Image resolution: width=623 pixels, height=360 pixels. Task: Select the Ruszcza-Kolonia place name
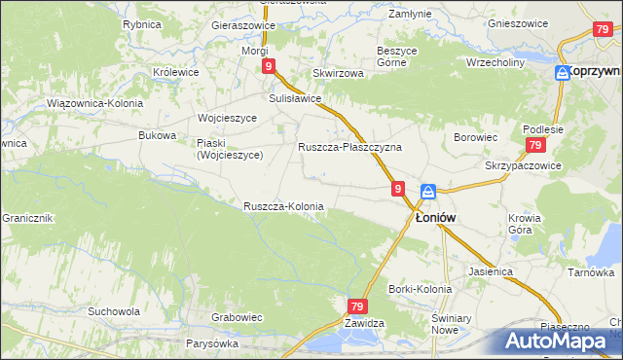pyautogui.click(x=283, y=206)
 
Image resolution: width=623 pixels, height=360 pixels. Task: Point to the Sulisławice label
pyautogui.click(x=295, y=98)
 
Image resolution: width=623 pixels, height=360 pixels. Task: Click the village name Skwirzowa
pyautogui.click(x=338, y=73)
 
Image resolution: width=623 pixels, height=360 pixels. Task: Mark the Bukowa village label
pyautogui.click(x=157, y=135)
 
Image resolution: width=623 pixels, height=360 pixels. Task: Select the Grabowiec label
pyautogui.click(x=238, y=316)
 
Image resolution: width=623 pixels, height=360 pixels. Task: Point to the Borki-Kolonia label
pyautogui.click(x=420, y=289)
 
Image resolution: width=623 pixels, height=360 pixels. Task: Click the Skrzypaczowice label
pyautogui.click(x=523, y=165)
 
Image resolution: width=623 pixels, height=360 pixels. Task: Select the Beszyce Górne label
pyautogui.click(x=396, y=56)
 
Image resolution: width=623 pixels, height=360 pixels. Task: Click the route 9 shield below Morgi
pyautogui.click(x=267, y=66)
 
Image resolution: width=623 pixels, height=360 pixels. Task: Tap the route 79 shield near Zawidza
pyautogui.click(x=356, y=306)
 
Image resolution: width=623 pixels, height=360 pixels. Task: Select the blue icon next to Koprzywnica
pyautogui.click(x=563, y=73)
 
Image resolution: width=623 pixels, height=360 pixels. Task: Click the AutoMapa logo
pyautogui.click(x=557, y=341)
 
